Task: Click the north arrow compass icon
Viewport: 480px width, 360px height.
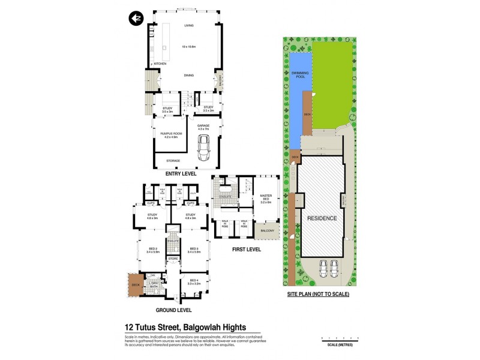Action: pyautogui.click(x=136, y=18)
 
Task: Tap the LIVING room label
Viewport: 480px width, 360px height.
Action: pyautogui.click(x=189, y=26)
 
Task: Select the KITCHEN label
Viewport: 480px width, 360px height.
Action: pyautogui.click(x=160, y=64)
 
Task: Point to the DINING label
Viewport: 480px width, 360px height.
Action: pyautogui.click(x=189, y=75)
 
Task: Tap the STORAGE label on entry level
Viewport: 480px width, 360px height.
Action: pyautogui.click(x=173, y=161)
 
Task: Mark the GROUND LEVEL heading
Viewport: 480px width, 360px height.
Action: pyautogui.click(x=173, y=310)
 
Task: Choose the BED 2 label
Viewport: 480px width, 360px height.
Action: pyautogui.click(x=153, y=250)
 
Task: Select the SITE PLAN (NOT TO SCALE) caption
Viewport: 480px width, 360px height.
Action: pyautogui.click(x=318, y=295)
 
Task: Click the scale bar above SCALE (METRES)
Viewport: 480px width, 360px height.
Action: pyautogui.click(x=336, y=339)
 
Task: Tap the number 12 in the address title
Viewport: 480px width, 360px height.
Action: pyautogui.click(x=129, y=328)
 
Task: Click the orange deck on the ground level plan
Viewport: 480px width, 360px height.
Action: pyautogui.click(x=133, y=284)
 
